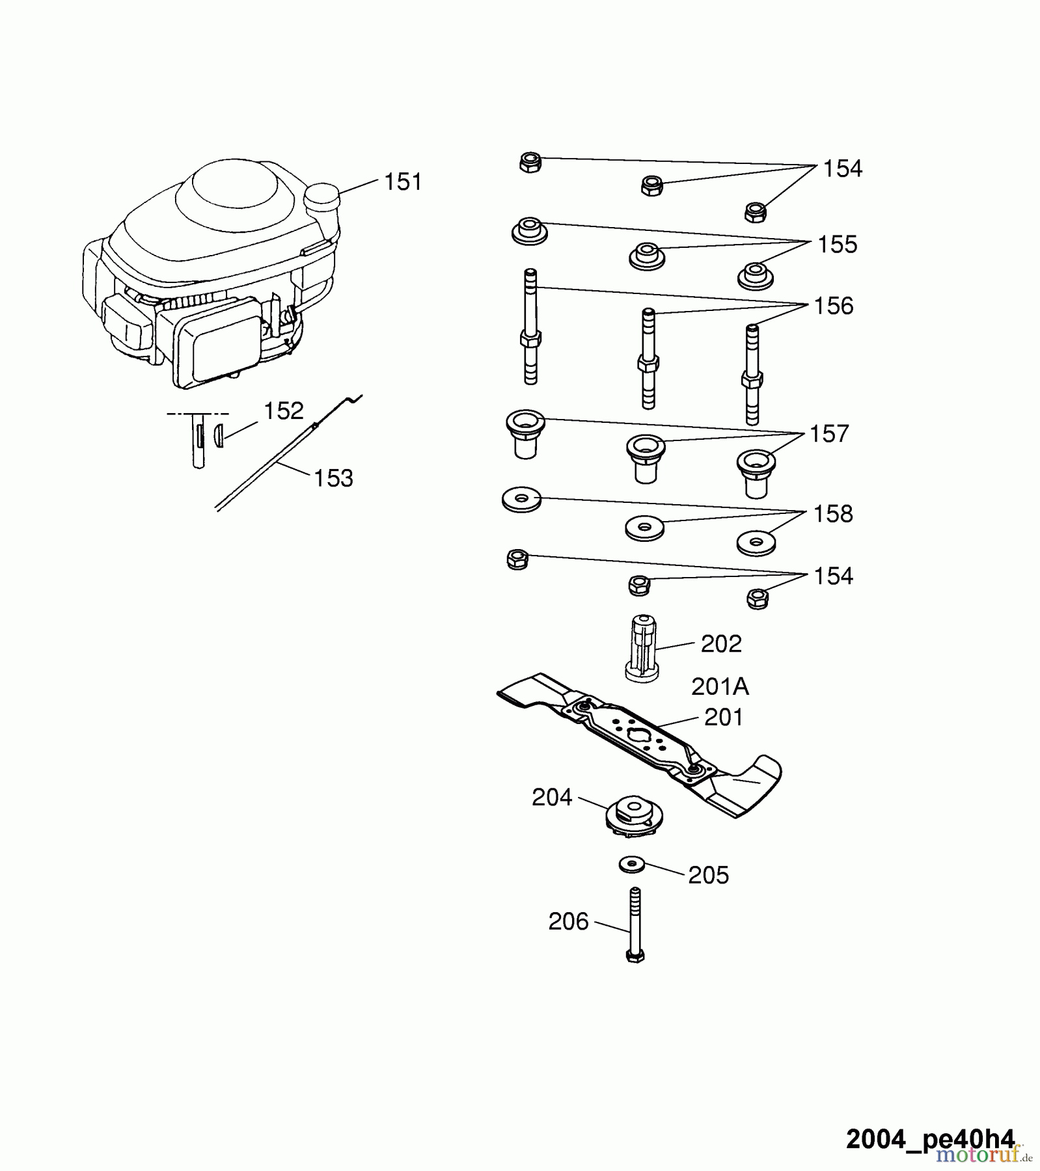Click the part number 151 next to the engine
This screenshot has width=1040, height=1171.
(x=403, y=182)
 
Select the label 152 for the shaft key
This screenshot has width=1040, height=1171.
(x=283, y=411)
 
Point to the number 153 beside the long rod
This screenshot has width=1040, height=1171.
(x=333, y=479)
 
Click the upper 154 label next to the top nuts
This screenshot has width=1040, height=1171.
(x=842, y=169)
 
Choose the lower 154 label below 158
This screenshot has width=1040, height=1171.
(x=833, y=576)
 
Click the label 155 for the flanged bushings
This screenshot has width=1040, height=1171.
(x=837, y=245)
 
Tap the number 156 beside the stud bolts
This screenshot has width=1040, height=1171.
(x=833, y=306)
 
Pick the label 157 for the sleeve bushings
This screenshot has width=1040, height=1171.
(x=828, y=434)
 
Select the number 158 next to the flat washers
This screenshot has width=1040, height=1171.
(x=832, y=515)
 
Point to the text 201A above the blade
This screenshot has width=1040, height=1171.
(x=720, y=687)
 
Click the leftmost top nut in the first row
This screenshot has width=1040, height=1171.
(x=530, y=161)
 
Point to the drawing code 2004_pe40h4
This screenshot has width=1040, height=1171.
(x=929, y=1139)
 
